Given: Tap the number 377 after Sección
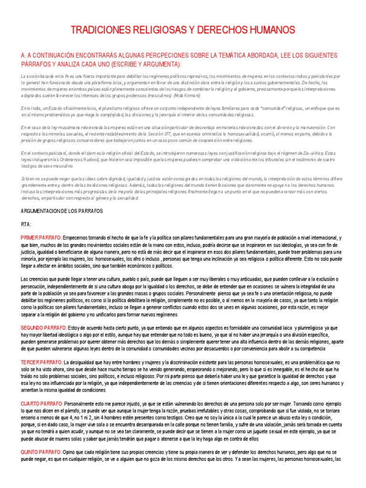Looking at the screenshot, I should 169,134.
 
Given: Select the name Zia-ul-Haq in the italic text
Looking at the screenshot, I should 318,153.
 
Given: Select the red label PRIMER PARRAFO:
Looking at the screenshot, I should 41,238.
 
